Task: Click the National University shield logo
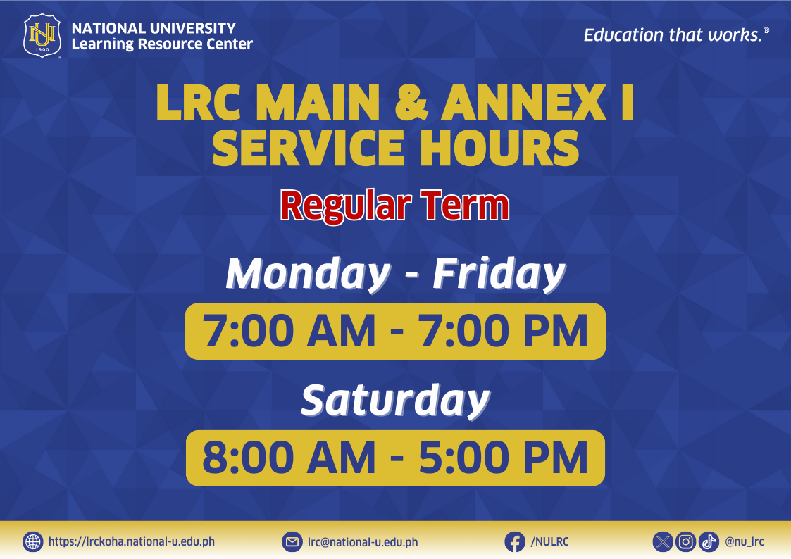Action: click(x=42, y=35)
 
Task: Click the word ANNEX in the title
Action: click(x=523, y=102)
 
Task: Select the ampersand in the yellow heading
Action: click(x=411, y=102)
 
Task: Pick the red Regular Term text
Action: click(x=395, y=206)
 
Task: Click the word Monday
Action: click(x=309, y=274)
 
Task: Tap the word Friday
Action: click(x=499, y=274)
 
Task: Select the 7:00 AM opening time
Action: click(x=289, y=331)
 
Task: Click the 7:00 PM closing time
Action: click(x=504, y=331)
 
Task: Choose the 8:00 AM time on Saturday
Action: click(x=289, y=458)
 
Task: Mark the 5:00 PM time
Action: click(x=504, y=458)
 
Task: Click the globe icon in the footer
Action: click(x=33, y=542)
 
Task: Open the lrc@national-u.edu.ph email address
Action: click(x=363, y=542)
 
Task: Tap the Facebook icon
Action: click(x=515, y=542)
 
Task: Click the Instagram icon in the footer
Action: click(x=685, y=542)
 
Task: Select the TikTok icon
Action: click(x=709, y=542)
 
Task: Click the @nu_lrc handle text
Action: click(x=745, y=542)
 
